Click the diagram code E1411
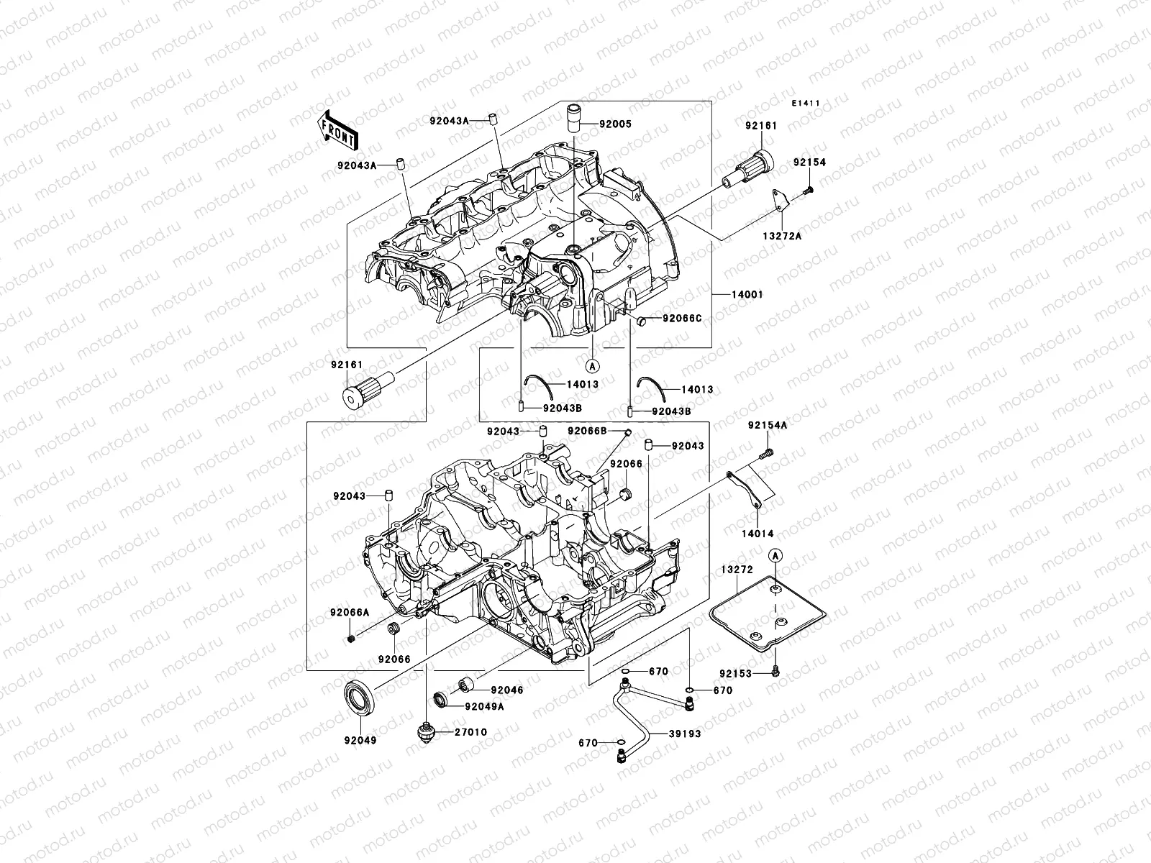(x=806, y=104)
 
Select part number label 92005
(x=617, y=124)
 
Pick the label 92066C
(x=681, y=318)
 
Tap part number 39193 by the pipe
(x=685, y=734)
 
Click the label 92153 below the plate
(x=734, y=674)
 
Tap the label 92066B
(x=587, y=430)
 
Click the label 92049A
(x=484, y=706)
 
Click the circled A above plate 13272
(x=775, y=554)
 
